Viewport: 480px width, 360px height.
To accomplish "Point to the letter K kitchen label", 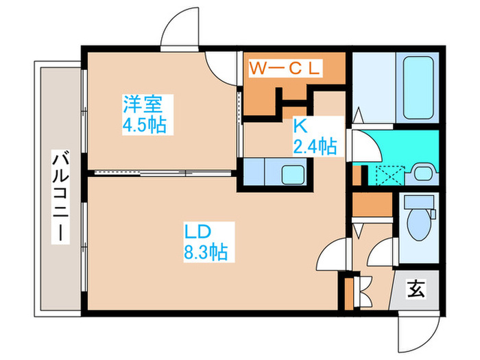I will tap(299, 125).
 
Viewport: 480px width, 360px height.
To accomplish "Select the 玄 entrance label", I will tap(417, 289).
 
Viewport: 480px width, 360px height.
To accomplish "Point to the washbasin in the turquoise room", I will tap(420, 171).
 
